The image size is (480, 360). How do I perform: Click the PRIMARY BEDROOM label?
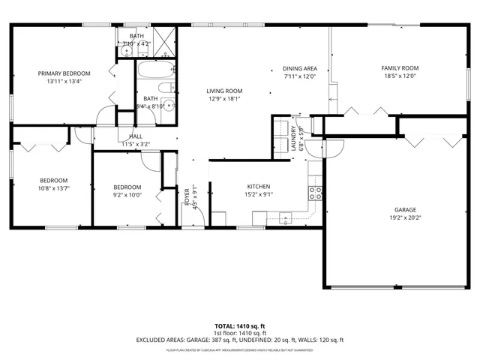point(64,73)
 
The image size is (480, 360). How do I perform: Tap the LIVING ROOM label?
point(225,91)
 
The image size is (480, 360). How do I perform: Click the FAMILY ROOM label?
point(400,68)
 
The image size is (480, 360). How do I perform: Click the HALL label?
point(136,136)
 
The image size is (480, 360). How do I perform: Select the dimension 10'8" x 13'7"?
point(54,188)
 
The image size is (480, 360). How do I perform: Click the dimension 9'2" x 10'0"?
point(127,195)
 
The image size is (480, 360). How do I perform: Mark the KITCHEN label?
point(259,187)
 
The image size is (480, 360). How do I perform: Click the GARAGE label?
point(406,210)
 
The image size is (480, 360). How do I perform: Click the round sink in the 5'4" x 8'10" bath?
point(169,106)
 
